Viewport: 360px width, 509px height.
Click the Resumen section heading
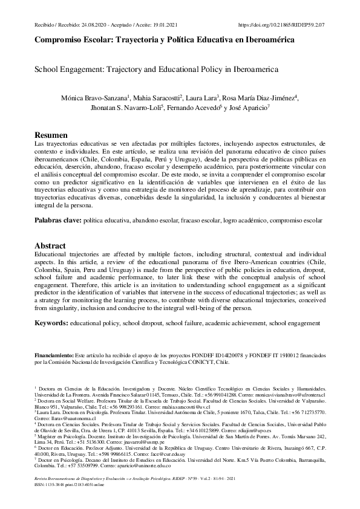(x=51, y=134)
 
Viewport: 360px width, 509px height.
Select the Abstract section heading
(x=50, y=246)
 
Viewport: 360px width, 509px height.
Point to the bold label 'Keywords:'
(x=51, y=324)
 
